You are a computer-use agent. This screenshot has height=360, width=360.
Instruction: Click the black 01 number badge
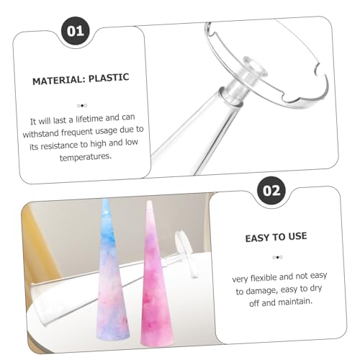coord(76,31)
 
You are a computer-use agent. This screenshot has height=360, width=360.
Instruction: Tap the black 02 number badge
coord(271,191)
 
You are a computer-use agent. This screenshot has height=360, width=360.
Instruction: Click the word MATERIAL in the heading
coord(59,80)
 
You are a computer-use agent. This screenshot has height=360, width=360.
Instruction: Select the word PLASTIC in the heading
coord(109,78)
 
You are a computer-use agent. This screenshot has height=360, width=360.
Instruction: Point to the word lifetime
coord(89,119)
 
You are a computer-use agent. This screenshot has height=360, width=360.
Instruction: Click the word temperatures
coord(86,157)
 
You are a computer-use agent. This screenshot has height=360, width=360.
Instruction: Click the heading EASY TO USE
coord(276,237)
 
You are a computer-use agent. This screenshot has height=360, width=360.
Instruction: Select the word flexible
coord(264,278)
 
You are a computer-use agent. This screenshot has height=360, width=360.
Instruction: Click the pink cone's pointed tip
coord(149,201)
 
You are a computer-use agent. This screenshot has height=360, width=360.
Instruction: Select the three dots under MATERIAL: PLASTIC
coord(82,105)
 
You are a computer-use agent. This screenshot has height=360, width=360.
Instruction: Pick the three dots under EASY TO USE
coord(277,257)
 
